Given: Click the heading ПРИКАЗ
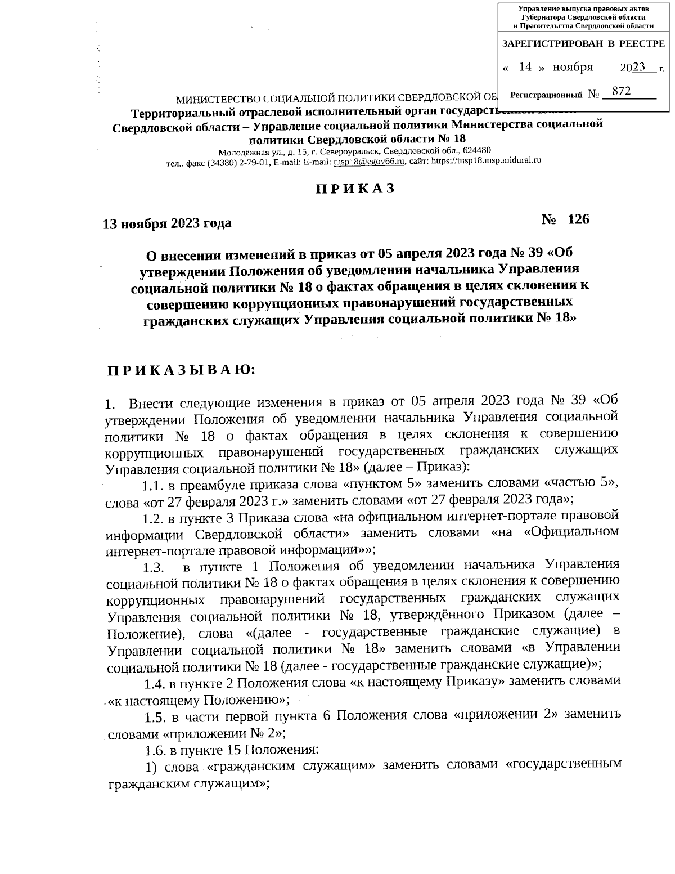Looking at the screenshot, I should [355, 189].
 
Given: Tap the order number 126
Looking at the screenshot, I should [578, 219].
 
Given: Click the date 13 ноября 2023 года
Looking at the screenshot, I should [166, 223].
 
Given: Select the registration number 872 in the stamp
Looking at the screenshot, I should [621, 91].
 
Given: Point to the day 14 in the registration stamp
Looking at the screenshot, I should [525, 67].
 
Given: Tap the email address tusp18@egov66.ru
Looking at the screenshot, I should [370, 161].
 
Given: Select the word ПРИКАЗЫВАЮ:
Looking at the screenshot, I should [182, 370].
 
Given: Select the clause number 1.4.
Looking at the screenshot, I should [154, 684].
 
